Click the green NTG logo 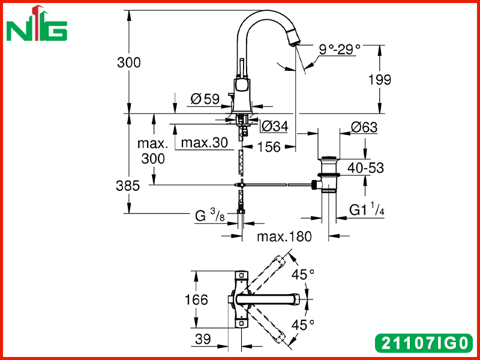pos(37,23)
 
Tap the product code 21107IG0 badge pos(425,343)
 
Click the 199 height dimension pos(380,80)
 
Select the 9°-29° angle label pos(340,49)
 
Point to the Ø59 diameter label pos(205,99)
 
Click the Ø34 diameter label pos(275,126)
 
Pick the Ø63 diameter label pos(364,127)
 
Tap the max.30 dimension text pos(205,142)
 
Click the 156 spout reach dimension pos(269,147)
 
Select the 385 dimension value pos(128,185)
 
